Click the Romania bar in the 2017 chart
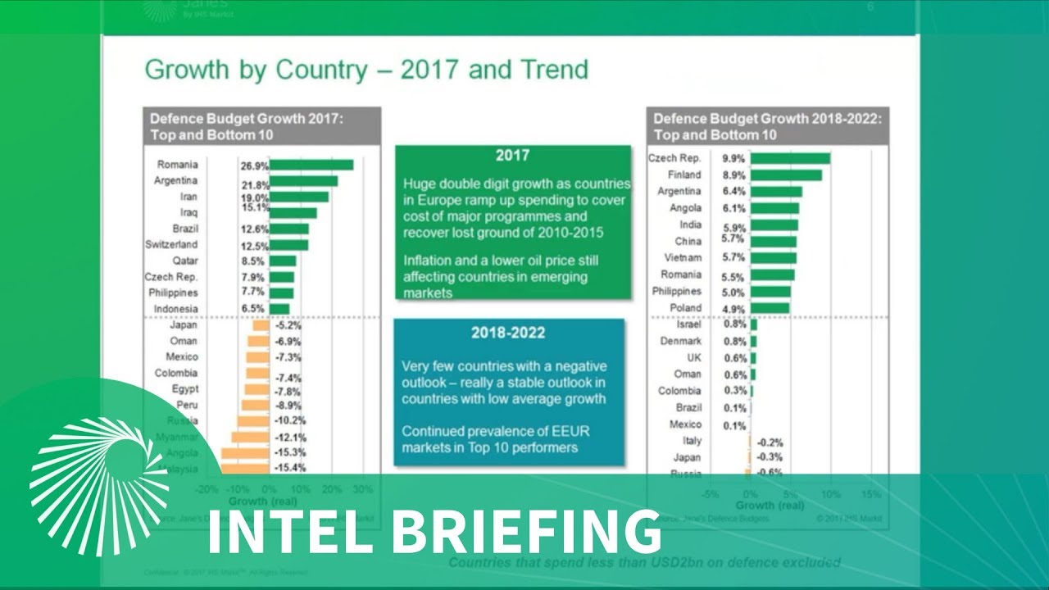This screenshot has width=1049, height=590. click(x=311, y=165)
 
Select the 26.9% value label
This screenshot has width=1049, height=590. click(x=254, y=166)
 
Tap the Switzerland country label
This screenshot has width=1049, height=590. click(x=171, y=244)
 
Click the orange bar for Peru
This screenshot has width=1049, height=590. click(x=256, y=405)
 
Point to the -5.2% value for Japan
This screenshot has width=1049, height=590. click(x=287, y=325)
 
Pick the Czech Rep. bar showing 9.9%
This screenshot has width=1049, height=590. click(x=790, y=158)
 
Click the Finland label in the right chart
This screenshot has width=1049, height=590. click(x=684, y=175)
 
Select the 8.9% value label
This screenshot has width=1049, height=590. click(x=733, y=175)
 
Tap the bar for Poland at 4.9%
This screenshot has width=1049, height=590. click(x=770, y=308)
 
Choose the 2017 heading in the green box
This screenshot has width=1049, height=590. click(x=512, y=156)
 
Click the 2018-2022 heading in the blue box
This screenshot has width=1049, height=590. click(x=508, y=333)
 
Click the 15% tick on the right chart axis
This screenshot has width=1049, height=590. click(x=871, y=495)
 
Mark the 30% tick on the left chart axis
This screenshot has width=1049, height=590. click(x=362, y=489)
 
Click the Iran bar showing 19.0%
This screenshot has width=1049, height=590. click(x=299, y=197)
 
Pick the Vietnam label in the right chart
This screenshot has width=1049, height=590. click(x=682, y=257)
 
